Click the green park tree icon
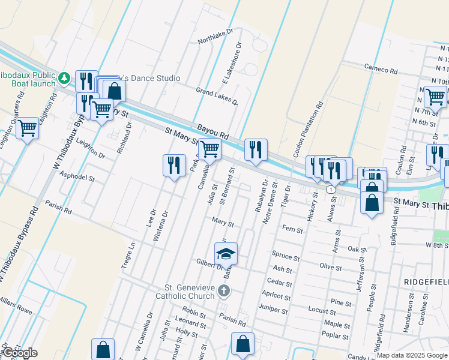pos(64,78)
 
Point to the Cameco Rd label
pos(381,70)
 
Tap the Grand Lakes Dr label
pos(217,95)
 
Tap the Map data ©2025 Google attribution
pos(412,355)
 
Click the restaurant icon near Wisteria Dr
pos(173,165)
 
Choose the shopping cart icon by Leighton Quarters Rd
pos(27,127)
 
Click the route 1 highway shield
pos(331,189)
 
